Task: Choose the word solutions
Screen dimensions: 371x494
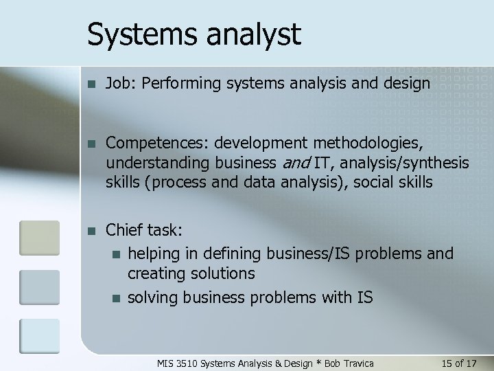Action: (222, 273)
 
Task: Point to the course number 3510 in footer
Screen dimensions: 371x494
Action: (186, 362)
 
